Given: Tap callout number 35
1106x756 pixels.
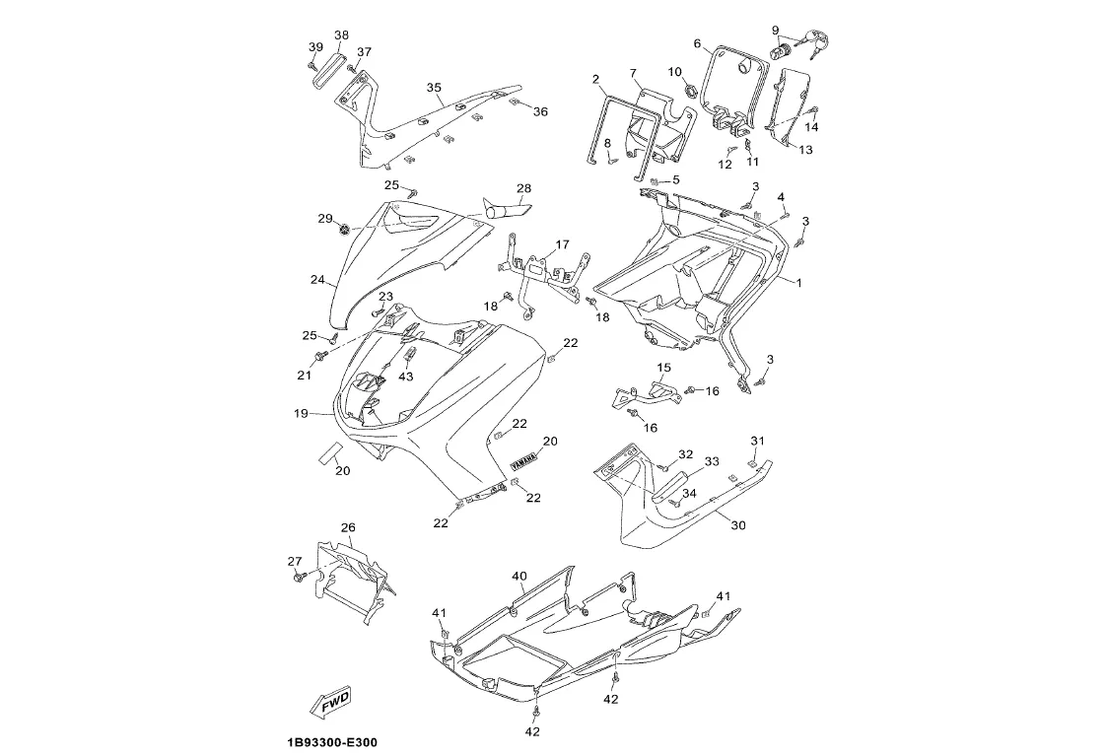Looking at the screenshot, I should point(434,88).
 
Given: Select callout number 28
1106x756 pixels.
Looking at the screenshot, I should point(523,188).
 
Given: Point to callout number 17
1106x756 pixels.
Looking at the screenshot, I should point(562,244).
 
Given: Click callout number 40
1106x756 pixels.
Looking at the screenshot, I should point(518,576).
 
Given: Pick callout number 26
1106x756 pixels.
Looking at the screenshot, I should point(348,527).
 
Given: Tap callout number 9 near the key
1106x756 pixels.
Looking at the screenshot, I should point(775,30).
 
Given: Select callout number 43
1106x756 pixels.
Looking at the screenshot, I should point(406,377).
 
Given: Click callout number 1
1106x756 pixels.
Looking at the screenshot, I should point(798,283).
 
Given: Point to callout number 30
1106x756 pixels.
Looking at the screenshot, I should point(738,525).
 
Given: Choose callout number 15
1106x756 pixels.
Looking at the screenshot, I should point(663,368).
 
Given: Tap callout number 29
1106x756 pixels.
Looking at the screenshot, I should point(324,218).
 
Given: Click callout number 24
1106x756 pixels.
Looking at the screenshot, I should point(317,280).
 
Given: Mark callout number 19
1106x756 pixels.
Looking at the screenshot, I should point(302,413).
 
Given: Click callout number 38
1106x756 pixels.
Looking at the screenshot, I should point(341,35).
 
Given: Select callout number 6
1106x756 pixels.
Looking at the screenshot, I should point(697,43).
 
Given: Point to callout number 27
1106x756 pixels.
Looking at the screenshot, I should point(294,562).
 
